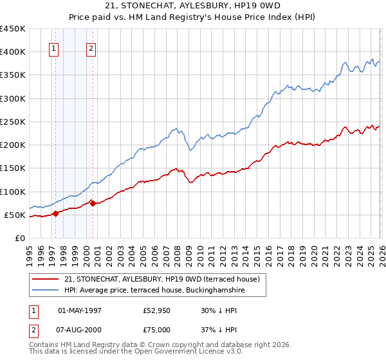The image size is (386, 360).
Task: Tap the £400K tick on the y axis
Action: click(12, 52)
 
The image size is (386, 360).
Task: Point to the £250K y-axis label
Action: click(12, 122)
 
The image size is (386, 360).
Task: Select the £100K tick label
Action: click(12, 192)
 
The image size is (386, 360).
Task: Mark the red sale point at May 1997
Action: click(55, 213)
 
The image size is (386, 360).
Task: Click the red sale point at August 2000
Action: click(93, 203)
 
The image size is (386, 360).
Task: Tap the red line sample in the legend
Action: click(46, 279)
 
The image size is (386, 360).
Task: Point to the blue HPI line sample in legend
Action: click(46, 291)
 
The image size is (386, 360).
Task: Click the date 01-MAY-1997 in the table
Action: click(80, 310)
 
